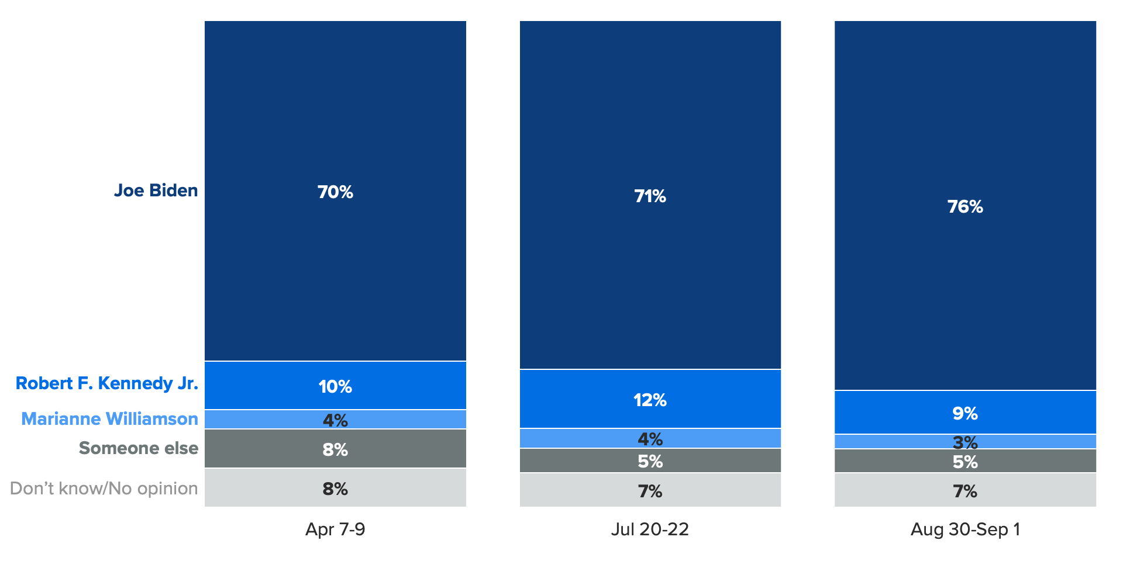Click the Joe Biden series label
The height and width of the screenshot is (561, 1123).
point(156,191)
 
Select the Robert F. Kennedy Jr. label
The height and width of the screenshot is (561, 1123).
point(106,383)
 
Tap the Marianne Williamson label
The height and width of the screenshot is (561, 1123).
point(109,419)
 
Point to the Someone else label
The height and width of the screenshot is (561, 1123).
point(139,448)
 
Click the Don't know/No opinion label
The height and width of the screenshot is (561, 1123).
point(104,489)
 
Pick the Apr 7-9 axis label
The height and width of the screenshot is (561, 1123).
point(335,529)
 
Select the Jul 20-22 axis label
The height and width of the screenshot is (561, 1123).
point(650,529)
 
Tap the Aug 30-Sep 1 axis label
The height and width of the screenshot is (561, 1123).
point(965,529)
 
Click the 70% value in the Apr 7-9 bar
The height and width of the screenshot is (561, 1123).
point(335,192)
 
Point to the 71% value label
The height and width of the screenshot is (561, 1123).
point(650,196)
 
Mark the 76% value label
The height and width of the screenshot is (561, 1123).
point(965,207)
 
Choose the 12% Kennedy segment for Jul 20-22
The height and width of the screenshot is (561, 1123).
point(650,399)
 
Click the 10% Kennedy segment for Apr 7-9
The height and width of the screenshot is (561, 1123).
point(335,386)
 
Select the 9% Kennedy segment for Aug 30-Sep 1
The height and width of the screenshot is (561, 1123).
point(965,413)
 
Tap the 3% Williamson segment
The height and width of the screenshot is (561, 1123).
point(965,442)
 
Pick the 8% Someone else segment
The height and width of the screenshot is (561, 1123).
point(335,449)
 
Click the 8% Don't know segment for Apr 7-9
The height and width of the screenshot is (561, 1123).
point(335,488)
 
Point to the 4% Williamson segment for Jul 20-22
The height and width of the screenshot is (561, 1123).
point(650,438)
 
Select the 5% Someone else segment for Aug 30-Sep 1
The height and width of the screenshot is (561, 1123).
point(965,461)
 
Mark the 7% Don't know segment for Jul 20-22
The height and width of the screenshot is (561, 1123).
point(650,490)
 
